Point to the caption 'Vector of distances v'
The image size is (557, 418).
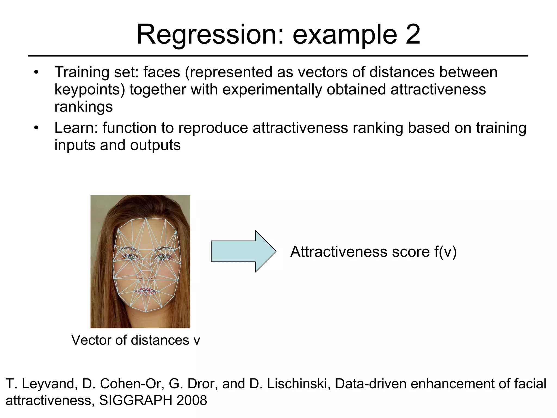tap(135, 340)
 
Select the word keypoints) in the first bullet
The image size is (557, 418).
tap(90, 90)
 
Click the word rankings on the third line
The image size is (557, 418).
tap(83, 106)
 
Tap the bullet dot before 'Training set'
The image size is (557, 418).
tap(36, 73)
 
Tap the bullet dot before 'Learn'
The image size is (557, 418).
tap(36, 128)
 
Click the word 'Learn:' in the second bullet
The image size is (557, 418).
tap(76, 128)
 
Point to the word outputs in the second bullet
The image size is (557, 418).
tap(155, 145)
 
